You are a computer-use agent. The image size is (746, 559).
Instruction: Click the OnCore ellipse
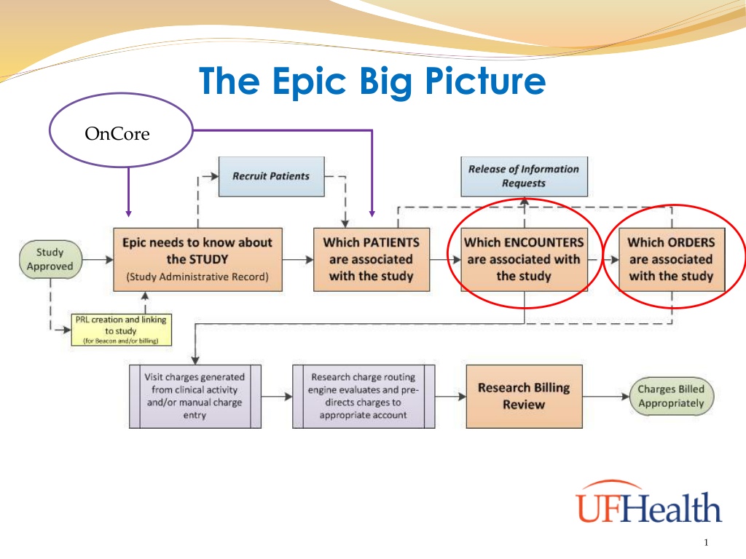(121, 93)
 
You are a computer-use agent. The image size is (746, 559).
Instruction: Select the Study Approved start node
(50, 259)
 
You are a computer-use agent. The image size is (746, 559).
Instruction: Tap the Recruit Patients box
(272, 176)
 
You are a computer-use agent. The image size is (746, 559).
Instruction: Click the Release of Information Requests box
(525, 176)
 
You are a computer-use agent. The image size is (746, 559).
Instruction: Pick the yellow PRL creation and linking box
(122, 330)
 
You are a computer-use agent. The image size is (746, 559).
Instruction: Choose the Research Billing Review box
(525, 397)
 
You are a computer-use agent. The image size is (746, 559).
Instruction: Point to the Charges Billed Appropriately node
(671, 397)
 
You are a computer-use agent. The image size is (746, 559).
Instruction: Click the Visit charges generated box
(195, 397)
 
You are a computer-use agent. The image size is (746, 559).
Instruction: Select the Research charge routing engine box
(364, 397)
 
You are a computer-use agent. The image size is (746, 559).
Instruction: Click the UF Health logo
(649, 501)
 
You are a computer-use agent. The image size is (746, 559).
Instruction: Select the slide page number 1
(706, 542)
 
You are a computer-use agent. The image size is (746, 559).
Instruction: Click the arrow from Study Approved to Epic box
(98, 260)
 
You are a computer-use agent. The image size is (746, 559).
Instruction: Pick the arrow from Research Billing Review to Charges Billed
(606, 397)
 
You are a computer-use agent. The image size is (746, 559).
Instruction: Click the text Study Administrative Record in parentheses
(197, 277)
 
